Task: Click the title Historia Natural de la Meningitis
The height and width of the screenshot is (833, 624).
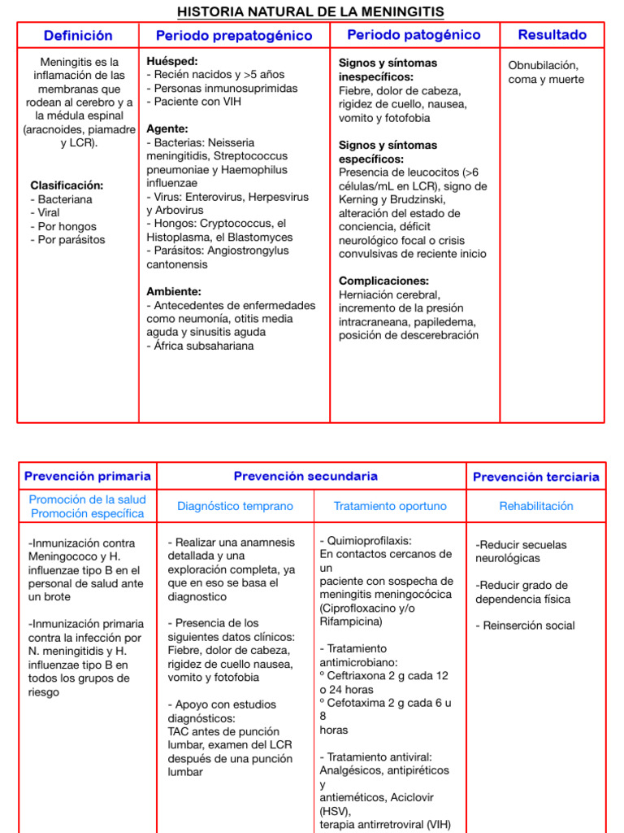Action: [311, 11]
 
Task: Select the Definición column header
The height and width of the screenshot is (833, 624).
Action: [78, 36]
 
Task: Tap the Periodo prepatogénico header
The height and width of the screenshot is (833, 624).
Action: [234, 36]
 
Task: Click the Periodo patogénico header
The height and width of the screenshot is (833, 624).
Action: [414, 35]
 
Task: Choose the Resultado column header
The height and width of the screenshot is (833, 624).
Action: [552, 35]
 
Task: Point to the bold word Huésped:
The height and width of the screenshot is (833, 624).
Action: [172, 62]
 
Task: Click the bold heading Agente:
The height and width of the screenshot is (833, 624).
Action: [167, 129]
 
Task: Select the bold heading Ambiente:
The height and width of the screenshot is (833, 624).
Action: [174, 291]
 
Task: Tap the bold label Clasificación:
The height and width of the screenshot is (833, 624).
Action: [67, 185]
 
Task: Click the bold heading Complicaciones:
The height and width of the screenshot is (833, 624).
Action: [383, 281]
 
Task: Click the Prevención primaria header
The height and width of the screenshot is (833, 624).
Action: [87, 477]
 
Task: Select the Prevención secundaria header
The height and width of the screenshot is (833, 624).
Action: [305, 477]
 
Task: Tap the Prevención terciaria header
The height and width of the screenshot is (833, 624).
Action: [536, 478]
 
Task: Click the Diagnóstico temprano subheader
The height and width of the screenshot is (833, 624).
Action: [235, 506]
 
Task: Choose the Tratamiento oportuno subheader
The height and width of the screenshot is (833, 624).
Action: [390, 506]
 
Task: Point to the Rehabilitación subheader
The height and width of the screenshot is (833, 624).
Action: [536, 506]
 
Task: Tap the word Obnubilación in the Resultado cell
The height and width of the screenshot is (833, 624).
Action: [544, 65]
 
